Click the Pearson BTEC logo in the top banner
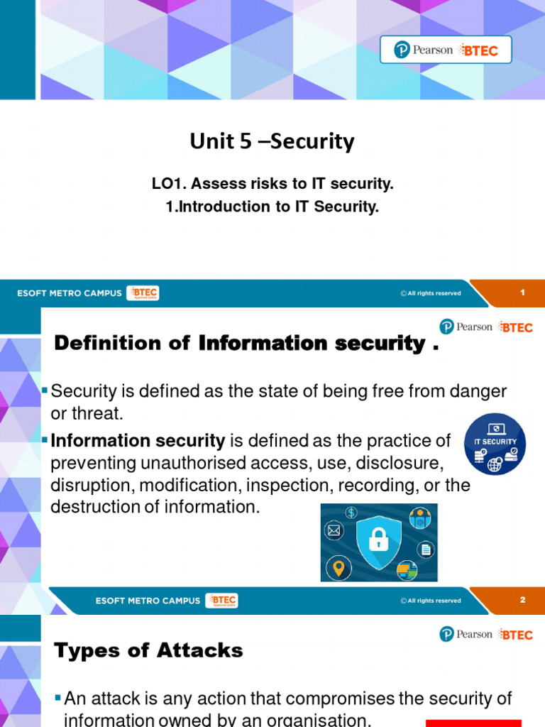446,50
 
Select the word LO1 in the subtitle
167,185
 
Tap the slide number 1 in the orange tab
522,293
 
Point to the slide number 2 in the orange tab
522,600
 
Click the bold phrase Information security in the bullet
138,441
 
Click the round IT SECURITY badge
495,444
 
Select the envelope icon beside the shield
334,530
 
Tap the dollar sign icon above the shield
351,513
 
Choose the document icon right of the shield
426,549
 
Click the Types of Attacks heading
148,650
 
